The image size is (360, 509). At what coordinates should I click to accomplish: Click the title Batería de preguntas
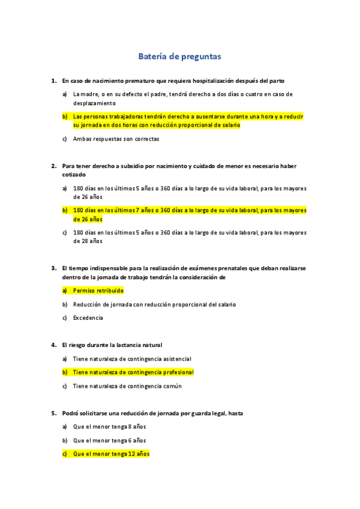180,56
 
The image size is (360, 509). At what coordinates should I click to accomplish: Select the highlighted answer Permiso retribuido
98,290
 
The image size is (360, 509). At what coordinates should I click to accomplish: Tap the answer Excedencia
88,318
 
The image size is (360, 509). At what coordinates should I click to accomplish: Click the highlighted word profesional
175,372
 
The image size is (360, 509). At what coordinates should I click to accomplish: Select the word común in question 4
171,386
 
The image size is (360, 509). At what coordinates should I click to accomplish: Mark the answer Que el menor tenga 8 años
109,427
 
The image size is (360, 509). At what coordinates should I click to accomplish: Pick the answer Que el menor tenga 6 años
109,441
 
